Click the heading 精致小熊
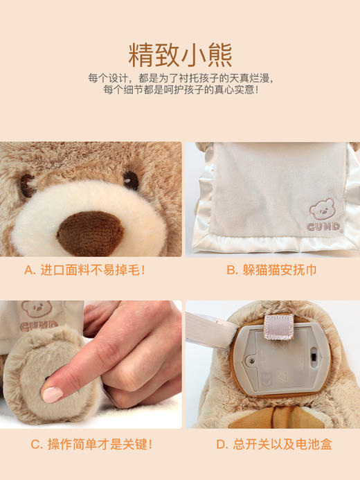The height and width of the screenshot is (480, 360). [180, 55]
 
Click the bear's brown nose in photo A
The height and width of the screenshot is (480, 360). [90, 232]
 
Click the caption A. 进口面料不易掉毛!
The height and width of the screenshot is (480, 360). [86, 269]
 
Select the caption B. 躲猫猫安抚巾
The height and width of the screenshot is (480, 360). [271, 269]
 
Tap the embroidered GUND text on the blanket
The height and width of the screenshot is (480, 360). [323, 226]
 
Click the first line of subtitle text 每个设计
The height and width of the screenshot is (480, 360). [180, 78]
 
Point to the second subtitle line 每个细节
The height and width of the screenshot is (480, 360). [180, 90]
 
